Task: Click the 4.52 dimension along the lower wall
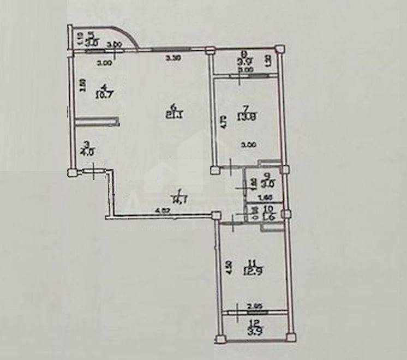[x=161, y=211]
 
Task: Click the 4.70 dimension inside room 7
[x=222, y=121]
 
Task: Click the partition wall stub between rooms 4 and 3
[x=97, y=119]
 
